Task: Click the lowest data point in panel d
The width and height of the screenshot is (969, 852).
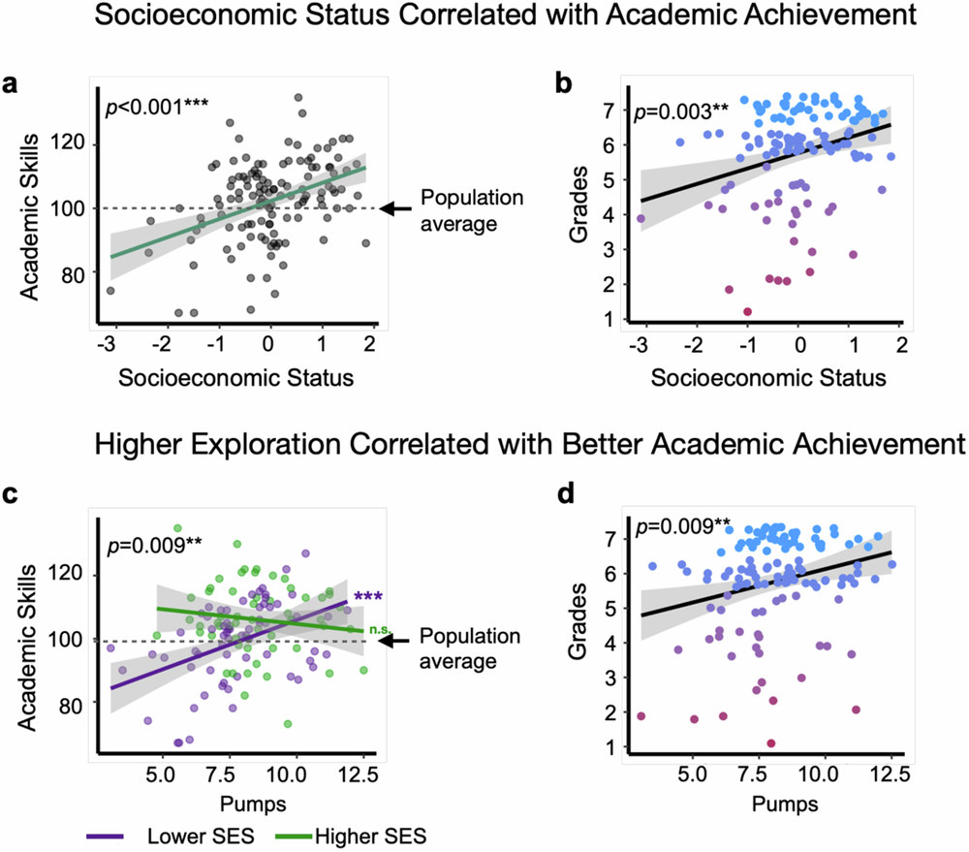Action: (771, 743)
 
